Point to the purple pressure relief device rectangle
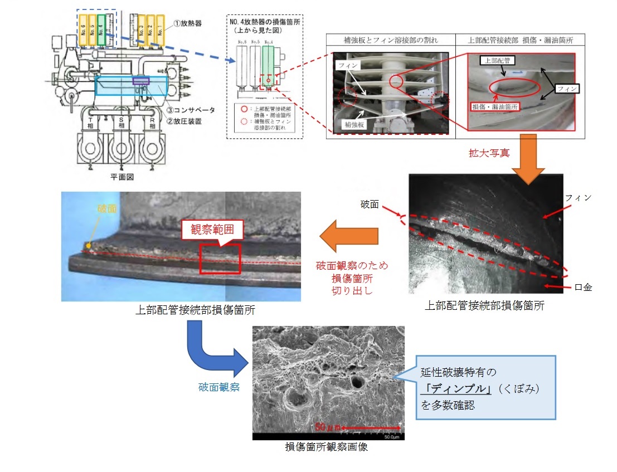(140, 81)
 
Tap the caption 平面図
(121, 177)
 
